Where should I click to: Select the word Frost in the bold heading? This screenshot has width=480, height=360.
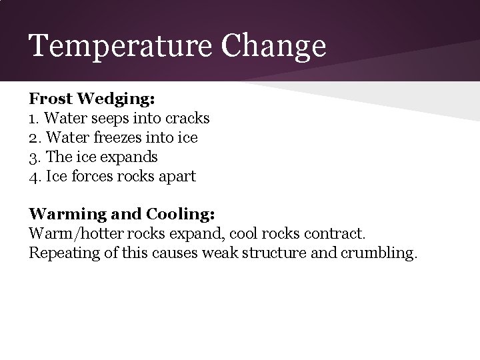coord(51,99)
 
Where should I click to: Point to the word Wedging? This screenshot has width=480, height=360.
coord(117,100)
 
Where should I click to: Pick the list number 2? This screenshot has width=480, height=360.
coord(33,138)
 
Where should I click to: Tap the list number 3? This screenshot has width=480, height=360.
coord(33,157)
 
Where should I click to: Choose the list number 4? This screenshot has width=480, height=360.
coord(33,177)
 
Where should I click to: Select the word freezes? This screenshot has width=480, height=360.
coord(118,138)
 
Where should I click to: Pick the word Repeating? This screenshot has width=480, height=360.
coord(61,254)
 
